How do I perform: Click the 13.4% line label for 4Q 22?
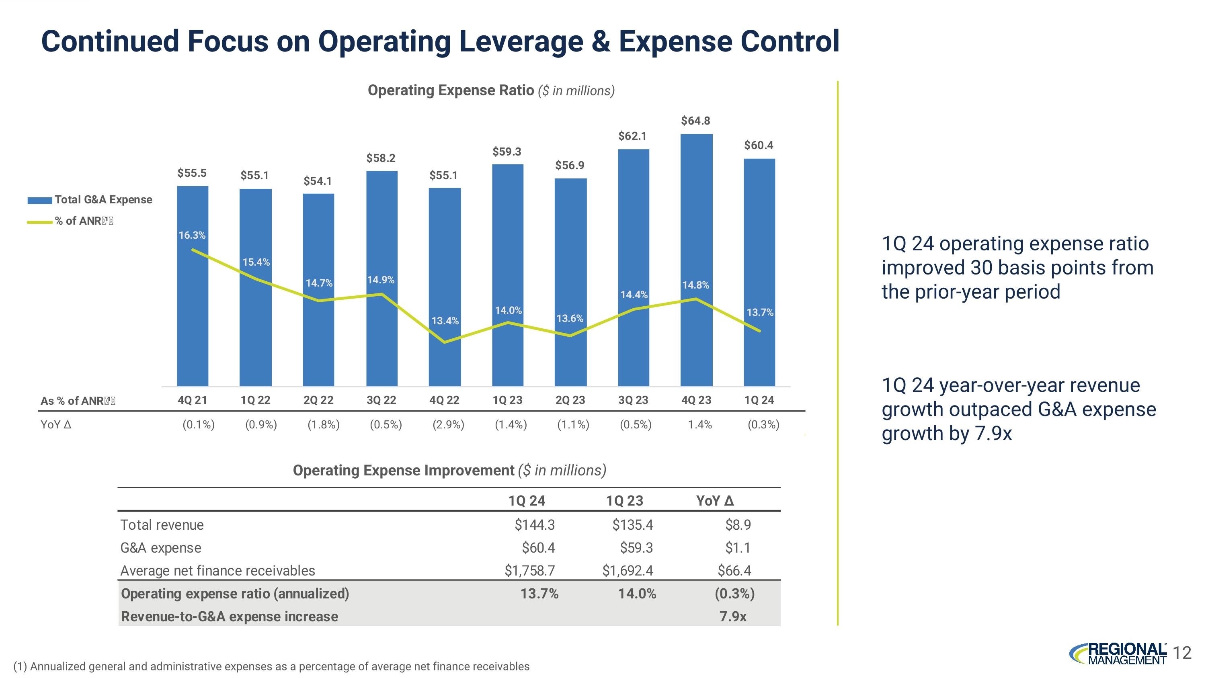(445, 321)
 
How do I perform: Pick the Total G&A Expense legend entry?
(103, 200)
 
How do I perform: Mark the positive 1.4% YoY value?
(699, 425)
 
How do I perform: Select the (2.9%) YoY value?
(449, 425)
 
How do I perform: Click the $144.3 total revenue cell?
(534, 525)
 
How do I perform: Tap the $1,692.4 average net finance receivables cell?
(628, 571)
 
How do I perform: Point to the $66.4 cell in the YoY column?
(734, 571)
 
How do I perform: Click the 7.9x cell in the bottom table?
(733, 617)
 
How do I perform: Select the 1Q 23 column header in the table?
(625, 501)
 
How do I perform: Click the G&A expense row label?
(160, 548)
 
